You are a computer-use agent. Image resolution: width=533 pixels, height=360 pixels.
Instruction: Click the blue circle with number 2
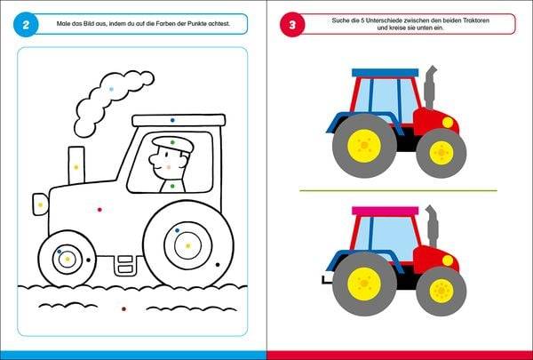[x=26, y=25]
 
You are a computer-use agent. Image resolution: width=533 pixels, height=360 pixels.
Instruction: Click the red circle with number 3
[x=292, y=25]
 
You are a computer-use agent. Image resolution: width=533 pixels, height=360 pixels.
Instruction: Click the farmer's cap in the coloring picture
[x=172, y=144]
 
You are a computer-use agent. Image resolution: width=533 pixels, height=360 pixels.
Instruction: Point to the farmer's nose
[x=152, y=159]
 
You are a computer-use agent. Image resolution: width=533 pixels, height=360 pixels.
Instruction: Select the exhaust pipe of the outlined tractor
[x=76, y=165]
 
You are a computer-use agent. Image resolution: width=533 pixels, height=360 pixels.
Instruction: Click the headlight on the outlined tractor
[x=41, y=204]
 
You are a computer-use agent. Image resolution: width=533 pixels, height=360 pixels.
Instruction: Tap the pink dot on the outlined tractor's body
[x=99, y=210]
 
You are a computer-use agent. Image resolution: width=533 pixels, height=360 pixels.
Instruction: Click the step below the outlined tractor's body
[x=124, y=266]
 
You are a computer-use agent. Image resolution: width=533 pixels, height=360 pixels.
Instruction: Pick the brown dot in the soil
[x=123, y=309]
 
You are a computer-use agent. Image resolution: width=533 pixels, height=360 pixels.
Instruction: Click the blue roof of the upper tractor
[x=386, y=73]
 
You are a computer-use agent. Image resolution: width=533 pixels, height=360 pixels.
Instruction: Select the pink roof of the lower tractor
[x=386, y=211]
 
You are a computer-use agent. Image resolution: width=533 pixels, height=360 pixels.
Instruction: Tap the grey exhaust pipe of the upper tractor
[x=430, y=87]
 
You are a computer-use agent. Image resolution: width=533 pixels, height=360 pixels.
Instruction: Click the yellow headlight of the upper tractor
[x=448, y=123]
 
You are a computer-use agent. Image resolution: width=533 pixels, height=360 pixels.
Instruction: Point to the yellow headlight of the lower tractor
[x=448, y=260]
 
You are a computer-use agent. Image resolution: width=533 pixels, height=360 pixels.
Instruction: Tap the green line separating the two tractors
[x=398, y=190]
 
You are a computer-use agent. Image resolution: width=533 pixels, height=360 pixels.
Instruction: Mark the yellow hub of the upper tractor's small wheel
[x=442, y=153]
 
